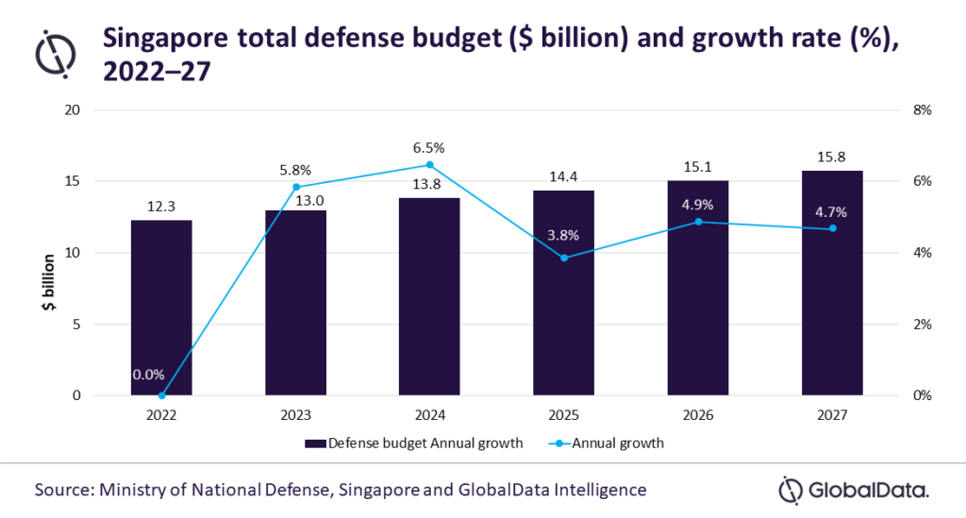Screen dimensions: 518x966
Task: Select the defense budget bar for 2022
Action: click(x=161, y=308)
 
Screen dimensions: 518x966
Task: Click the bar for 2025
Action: click(x=563, y=292)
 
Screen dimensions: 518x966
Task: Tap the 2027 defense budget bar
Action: click(x=832, y=283)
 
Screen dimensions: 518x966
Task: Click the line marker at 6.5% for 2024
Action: click(x=430, y=164)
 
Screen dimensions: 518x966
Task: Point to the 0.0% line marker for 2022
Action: click(x=161, y=395)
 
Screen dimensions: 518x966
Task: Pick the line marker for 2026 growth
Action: click(x=698, y=222)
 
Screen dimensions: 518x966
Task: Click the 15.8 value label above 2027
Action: click(x=832, y=155)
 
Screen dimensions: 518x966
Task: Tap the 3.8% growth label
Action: click(x=563, y=235)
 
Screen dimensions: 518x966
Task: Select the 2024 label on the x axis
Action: click(x=430, y=415)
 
